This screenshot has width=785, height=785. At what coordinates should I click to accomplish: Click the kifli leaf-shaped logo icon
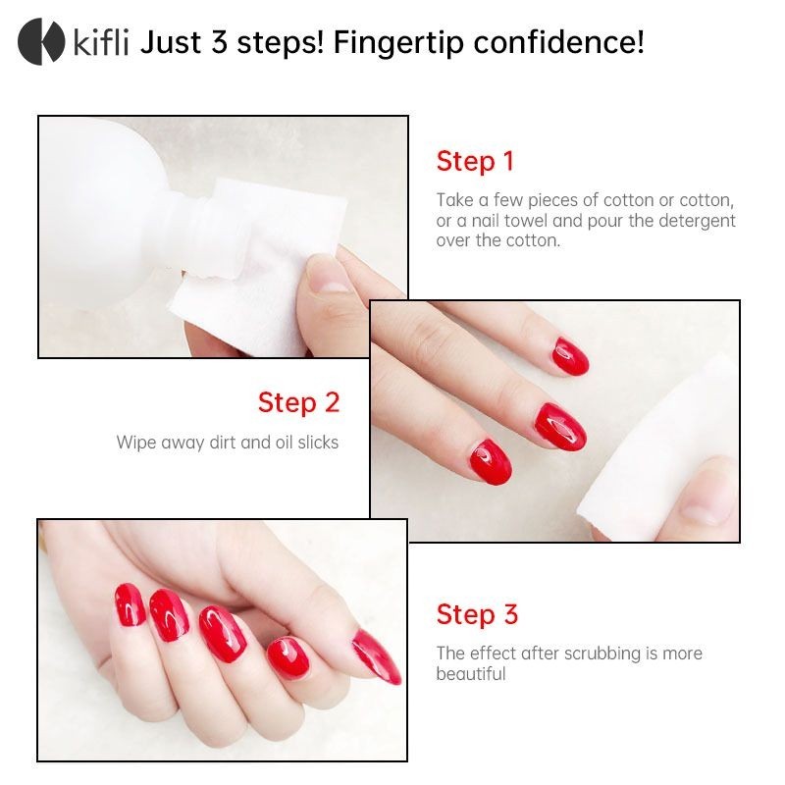(x=41, y=41)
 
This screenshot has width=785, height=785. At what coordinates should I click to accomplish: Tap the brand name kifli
(x=101, y=42)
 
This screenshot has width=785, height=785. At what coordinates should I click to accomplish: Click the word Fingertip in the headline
(x=398, y=43)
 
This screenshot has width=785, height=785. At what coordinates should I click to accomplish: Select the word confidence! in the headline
(x=558, y=42)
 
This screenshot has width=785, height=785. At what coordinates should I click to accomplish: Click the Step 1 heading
(x=475, y=162)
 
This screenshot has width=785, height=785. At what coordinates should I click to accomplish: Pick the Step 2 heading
(x=299, y=403)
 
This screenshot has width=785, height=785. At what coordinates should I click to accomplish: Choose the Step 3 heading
(x=477, y=615)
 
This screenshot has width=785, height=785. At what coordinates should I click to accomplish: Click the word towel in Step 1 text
(x=526, y=221)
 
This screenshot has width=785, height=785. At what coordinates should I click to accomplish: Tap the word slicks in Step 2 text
(x=318, y=443)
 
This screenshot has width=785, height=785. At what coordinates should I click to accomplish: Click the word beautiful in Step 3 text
(x=471, y=674)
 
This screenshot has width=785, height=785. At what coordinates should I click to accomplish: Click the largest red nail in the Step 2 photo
(x=559, y=427)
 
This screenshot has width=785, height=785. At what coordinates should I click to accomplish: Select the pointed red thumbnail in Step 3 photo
(x=377, y=656)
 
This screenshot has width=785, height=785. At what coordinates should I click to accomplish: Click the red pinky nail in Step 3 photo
(x=130, y=604)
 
